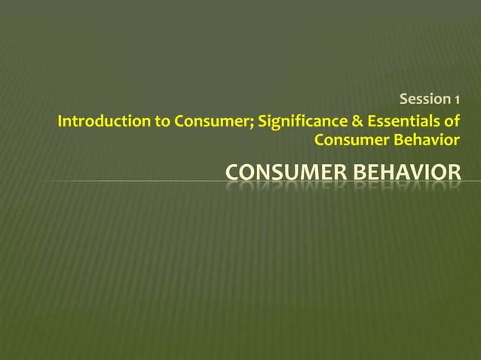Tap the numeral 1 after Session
(456, 99)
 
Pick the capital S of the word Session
(403, 99)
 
